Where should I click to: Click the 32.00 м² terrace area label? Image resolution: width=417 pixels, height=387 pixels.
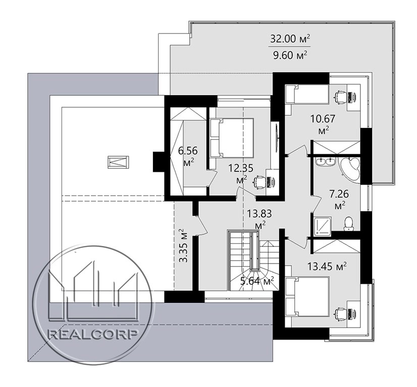pyautogui.click(x=290, y=39)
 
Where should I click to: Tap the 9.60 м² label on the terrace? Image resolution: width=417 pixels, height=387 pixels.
pyautogui.click(x=290, y=55)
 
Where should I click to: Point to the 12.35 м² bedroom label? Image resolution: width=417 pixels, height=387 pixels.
pyautogui.click(x=241, y=173)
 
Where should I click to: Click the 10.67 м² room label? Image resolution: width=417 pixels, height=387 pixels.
pyautogui.click(x=323, y=123)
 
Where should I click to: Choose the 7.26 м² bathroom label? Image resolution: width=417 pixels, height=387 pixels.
pyautogui.click(x=339, y=199)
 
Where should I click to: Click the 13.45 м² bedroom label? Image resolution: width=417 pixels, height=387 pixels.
pyautogui.click(x=327, y=266)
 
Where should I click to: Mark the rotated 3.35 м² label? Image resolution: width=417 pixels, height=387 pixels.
pyautogui.click(x=183, y=245)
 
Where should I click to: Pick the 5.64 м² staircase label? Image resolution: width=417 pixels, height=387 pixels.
pyautogui.click(x=257, y=281)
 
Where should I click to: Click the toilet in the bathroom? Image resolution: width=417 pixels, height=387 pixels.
pyautogui.click(x=348, y=224)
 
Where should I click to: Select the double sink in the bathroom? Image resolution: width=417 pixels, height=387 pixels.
pyautogui.click(x=326, y=162)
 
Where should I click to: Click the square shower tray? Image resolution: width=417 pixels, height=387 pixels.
pyautogui.click(x=323, y=226)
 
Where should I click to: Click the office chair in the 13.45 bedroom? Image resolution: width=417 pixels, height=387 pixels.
pyautogui.click(x=341, y=313)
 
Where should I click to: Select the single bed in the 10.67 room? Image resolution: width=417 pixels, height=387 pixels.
pyautogui.click(x=307, y=94)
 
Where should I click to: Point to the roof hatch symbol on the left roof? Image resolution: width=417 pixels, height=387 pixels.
pyautogui.click(x=118, y=162)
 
